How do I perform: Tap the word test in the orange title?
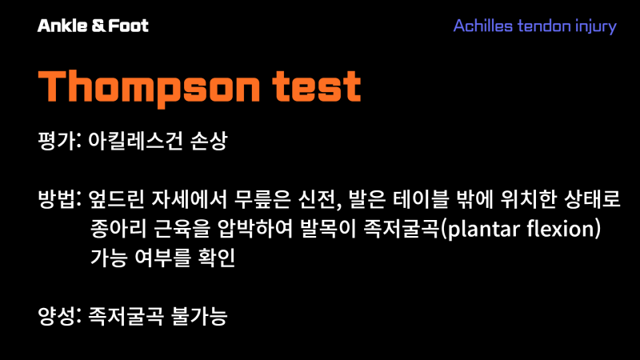321,86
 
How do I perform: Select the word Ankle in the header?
61,26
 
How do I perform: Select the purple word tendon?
544,26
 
